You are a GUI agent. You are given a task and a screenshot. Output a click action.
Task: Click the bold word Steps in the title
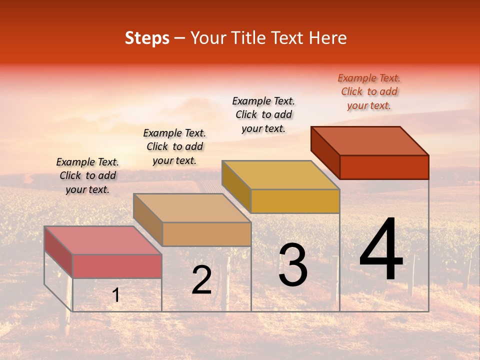click(147, 38)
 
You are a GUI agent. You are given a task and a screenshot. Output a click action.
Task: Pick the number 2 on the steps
click(202, 280)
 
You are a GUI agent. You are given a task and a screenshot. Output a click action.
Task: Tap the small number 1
click(116, 295)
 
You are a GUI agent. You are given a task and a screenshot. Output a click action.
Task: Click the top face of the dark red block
click(370, 140)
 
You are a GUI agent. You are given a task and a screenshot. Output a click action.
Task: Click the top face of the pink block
click(103, 240)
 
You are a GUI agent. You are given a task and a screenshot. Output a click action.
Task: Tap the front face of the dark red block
click(384, 167)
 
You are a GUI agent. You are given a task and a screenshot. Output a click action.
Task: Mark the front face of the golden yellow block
click(295, 201)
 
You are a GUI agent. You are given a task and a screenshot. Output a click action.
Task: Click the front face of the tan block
click(206, 234)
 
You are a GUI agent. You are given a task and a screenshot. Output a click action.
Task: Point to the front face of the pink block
click(117, 266)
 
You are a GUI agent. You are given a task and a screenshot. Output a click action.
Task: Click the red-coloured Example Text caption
click(369, 91)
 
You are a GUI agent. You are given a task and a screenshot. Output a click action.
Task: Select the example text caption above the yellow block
click(263, 114)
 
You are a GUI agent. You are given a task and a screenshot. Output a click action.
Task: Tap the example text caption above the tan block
click(174, 146)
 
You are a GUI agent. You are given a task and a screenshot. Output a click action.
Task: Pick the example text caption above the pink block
click(87, 175)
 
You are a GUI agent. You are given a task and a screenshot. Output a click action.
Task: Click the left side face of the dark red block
click(325, 152)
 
